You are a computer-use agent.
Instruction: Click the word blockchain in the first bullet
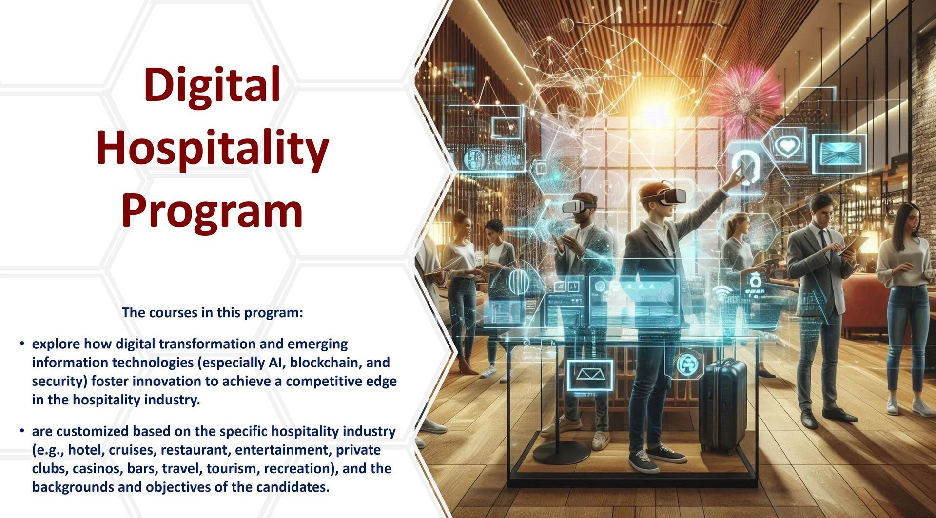pos(325,363)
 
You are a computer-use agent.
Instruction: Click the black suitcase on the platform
pos(722,406)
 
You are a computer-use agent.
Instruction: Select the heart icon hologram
pos(787,145)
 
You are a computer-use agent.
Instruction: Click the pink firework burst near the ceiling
pos(742,100)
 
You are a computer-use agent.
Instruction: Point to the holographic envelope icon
pos(590,375)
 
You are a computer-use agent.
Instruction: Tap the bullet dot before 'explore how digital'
pos(22,344)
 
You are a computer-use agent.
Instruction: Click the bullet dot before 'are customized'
pos(22,431)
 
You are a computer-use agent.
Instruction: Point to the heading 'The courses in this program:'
pos(213,312)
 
